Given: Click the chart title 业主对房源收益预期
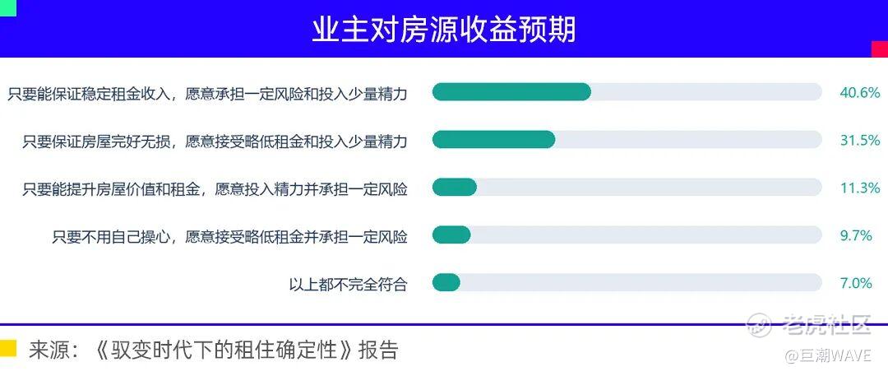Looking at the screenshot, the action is pyautogui.click(x=443, y=29).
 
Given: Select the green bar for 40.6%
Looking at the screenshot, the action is pyautogui.click(x=511, y=92).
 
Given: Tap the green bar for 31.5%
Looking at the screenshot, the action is pyautogui.click(x=493, y=140).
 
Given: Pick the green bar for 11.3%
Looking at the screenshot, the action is pyautogui.click(x=454, y=187).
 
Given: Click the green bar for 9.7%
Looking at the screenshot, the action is pyautogui.click(x=451, y=234).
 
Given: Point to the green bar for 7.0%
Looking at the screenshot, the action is pyautogui.click(x=446, y=282).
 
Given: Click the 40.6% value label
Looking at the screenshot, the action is pyautogui.click(x=860, y=92).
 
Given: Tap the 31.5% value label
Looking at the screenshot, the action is pyautogui.click(x=860, y=140).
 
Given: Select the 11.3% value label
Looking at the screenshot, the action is pyautogui.click(x=860, y=188).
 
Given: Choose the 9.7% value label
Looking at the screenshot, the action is pyautogui.click(x=856, y=235).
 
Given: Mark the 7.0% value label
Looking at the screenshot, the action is pyautogui.click(x=856, y=283).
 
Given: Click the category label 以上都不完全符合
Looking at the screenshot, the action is pyautogui.click(x=349, y=284).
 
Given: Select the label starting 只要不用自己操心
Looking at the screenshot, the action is pyautogui.click(x=230, y=236).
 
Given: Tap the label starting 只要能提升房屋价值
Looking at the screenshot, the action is pyautogui.click(x=215, y=188).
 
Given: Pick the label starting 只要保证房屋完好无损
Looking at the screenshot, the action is pyautogui.click(x=215, y=141).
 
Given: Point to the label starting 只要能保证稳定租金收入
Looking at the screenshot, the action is pyautogui.click(x=207, y=93).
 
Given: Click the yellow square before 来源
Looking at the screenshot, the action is pyautogui.click(x=8, y=348).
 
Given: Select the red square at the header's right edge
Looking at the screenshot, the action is pyautogui.click(x=880, y=49).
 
